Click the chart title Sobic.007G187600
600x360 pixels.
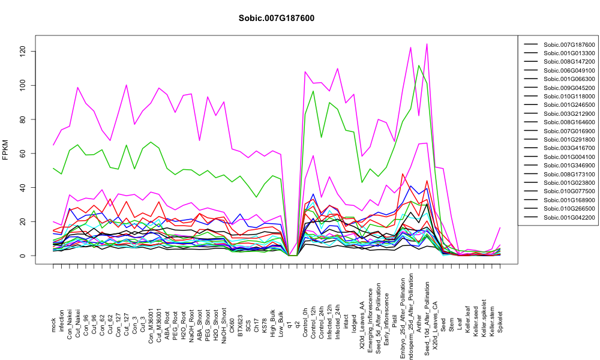[x=276, y=19]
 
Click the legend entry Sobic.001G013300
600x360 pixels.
[x=569, y=53]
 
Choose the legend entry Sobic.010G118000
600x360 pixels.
[x=569, y=97]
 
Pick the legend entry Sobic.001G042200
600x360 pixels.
[x=569, y=217]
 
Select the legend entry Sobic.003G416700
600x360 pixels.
[x=569, y=148]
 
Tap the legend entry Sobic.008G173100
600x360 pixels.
[x=569, y=174]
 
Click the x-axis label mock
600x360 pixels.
[x=53, y=325]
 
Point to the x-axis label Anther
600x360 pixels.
[x=419, y=323]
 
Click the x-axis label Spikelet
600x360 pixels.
[x=500, y=322]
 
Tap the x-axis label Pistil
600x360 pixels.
[x=395, y=324]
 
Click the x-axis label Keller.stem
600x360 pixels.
[x=492, y=319]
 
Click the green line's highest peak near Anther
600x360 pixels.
[x=419, y=65]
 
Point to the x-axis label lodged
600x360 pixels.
[x=355, y=323]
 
